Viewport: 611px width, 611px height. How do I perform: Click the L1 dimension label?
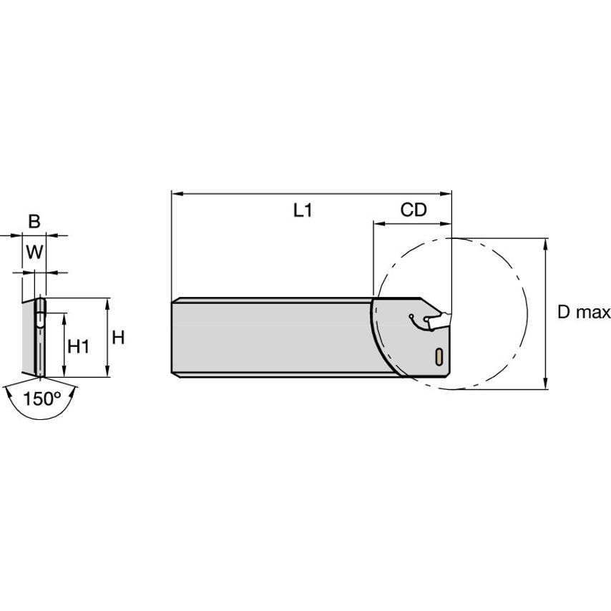pos(303,210)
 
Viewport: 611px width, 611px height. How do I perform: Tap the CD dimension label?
pos(414,210)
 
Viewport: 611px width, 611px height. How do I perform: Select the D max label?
pos(584,312)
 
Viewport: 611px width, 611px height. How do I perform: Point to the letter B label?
pos(34,221)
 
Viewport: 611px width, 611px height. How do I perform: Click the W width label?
pos(34,252)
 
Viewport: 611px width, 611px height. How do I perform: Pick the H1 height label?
pos(79,346)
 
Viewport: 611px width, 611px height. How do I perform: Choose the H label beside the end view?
pos(118,338)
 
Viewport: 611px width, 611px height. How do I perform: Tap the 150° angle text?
pos(42,399)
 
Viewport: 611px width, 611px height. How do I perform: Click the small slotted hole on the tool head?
pos(439,356)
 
